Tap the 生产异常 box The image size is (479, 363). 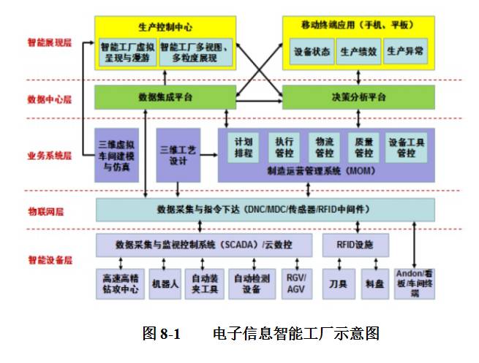(404, 52)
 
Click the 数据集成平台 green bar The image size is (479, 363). (165, 96)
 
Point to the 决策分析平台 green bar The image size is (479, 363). (359, 96)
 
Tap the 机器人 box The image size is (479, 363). (165, 284)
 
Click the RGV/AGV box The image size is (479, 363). (296, 284)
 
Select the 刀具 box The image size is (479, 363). (338, 284)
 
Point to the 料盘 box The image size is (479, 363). (374, 284)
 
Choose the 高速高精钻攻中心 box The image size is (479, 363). (120, 284)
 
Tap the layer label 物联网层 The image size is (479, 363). (45, 212)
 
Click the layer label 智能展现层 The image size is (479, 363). (50, 43)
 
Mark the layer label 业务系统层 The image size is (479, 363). (50, 156)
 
